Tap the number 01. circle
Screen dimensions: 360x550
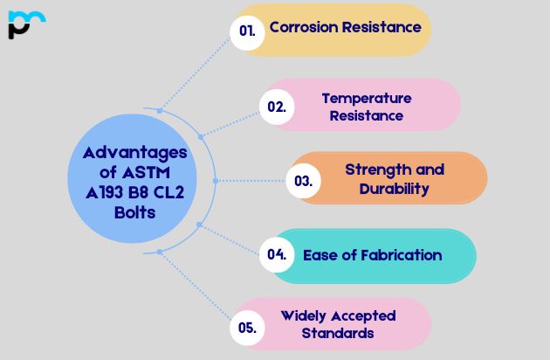click(248, 31)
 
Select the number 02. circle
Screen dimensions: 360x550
click(277, 107)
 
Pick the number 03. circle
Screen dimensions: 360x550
click(304, 181)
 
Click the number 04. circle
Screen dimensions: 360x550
click(277, 255)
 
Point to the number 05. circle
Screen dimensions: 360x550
click(247, 328)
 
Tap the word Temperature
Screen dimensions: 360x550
click(366, 98)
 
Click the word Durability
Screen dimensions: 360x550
click(395, 188)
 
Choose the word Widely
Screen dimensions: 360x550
click(305, 315)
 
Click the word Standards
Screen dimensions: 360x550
click(338, 333)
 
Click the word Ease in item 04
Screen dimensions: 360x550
click(320, 255)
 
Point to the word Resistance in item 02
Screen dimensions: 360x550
click(366, 115)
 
